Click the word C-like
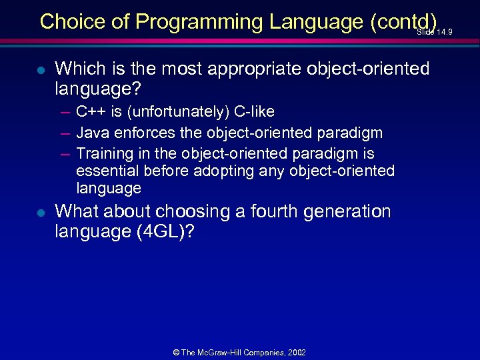click(x=251, y=111)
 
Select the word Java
click(x=91, y=133)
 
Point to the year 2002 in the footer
click(x=296, y=352)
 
